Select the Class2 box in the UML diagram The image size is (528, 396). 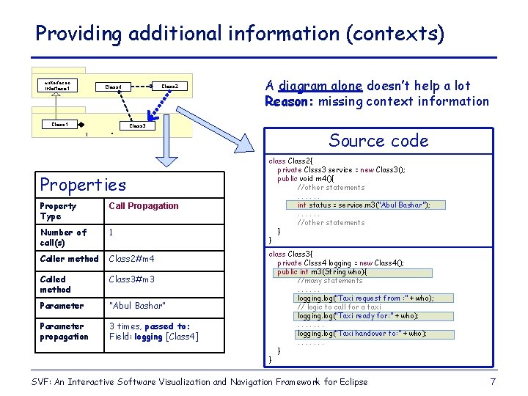[170, 87]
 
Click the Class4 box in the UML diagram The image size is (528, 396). [114, 87]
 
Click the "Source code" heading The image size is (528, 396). [378, 141]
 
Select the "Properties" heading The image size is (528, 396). [83, 185]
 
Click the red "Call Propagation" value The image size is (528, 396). [144, 206]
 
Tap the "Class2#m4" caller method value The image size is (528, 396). [131, 259]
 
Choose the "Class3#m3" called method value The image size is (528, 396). [131, 279]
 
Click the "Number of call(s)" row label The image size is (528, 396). [63, 238]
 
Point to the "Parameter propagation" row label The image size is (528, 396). [64, 331]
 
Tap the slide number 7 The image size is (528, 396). [493, 382]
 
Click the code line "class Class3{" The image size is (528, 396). [290, 254]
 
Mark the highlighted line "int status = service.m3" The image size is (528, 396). [363, 205]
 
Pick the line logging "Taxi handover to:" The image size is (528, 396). [362, 334]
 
